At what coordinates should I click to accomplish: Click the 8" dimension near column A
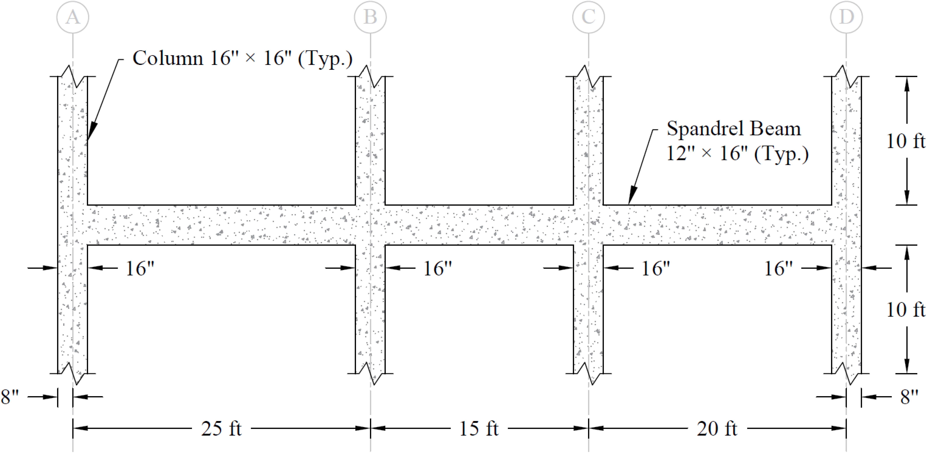tap(10, 397)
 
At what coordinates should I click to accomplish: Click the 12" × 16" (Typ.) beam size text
tap(737, 154)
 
